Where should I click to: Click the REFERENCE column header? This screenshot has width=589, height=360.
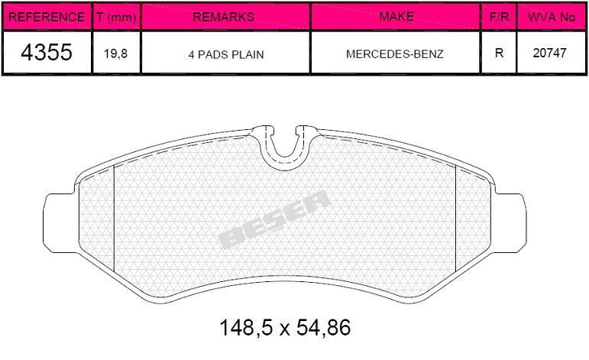pyautogui.click(x=46, y=16)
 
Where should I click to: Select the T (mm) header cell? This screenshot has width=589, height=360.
pyautogui.click(x=116, y=16)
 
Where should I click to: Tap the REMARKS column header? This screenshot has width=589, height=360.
pyautogui.click(x=225, y=16)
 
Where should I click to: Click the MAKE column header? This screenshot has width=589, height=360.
pyautogui.click(x=395, y=16)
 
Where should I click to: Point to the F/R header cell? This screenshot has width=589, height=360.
pyautogui.click(x=498, y=16)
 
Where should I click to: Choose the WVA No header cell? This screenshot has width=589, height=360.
pyautogui.click(x=551, y=16)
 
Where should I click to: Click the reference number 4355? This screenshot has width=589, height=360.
pyautogui.click(x=46, y=54)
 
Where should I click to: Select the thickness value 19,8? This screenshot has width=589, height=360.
pyautogui.click(x=116, y=54)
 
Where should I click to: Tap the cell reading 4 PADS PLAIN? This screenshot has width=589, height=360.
pyautogui.click(x=225, y=54)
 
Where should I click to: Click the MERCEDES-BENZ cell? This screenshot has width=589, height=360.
pyautogui.click(x=395, y=54)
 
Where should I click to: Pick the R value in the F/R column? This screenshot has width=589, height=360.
pyautogui.click(x=498, y=54)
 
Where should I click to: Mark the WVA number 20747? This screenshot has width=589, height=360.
pyautogui.click(x=551, y=54)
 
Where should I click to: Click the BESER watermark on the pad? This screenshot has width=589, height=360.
pyautogui.click(x=275, y=220)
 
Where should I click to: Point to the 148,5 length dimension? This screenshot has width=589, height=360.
pyautogui.click(x=245, y=329)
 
